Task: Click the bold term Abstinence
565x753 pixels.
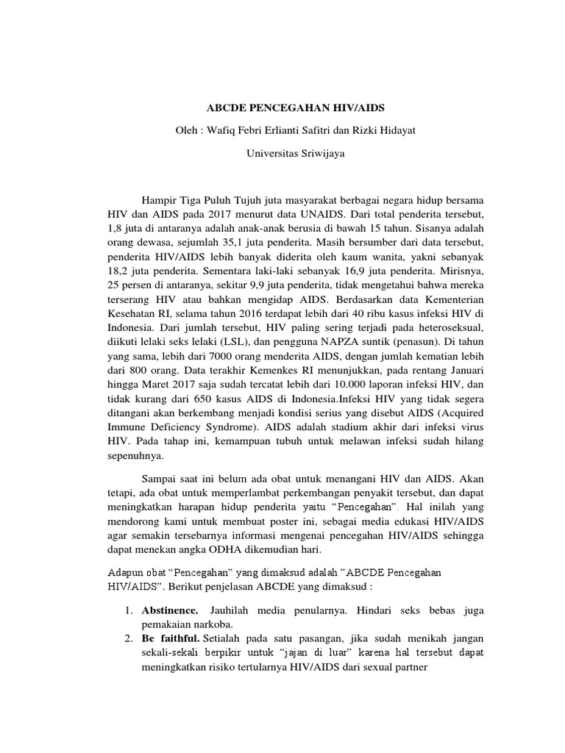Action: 170,611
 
